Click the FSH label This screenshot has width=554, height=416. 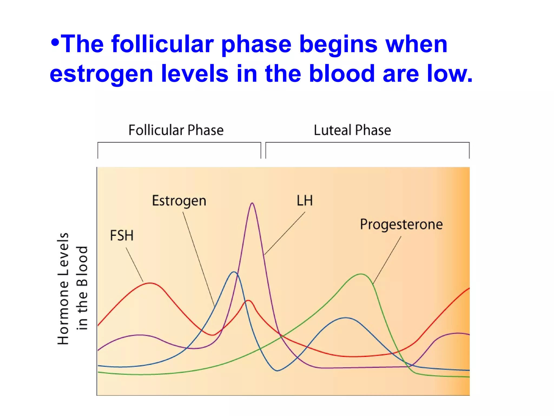click(x=122, y=235)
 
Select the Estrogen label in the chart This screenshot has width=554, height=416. click(x=179, y=201)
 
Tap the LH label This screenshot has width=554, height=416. click(x=305, y=201)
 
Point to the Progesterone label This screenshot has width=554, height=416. click(x=401, y=225)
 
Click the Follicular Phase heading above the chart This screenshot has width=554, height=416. click(x=176, y=130)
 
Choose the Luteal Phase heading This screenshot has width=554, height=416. click(x=352, y=130)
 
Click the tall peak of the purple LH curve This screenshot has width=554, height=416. click(x=252, y=203)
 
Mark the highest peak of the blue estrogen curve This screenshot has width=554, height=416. click(x=234, y=272)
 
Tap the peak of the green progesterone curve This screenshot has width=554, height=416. click(x=361, y=274)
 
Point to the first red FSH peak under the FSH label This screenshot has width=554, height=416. click(x=150, y=283)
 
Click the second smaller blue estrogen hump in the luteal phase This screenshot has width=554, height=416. click(x=346, y=318)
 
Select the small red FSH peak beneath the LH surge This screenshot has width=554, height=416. click(x=248, y=301)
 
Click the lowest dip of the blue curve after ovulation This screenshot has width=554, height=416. click(x=277, y=370)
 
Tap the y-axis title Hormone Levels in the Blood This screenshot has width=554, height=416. click(x=72, y=288)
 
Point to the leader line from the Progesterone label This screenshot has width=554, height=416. click(x=387, y=260)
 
